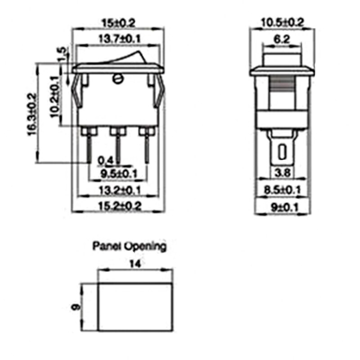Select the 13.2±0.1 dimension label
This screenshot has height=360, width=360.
[x=118, y=191]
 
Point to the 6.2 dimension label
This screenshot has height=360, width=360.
[x=281, y=40]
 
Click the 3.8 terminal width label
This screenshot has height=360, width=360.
[x=282, y=173]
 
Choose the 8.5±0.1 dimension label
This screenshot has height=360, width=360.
[x=283, y=189]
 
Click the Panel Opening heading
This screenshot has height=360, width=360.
[x=129, y=247]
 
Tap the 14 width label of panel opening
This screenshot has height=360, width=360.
[x=135, y=265]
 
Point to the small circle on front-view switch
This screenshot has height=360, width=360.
[x=118, y=79]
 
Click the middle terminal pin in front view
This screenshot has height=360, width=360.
[x=118, y=144]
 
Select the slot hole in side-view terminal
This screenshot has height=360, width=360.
[x=283, y=152]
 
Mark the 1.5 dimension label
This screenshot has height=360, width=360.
[x=63, y=55]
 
